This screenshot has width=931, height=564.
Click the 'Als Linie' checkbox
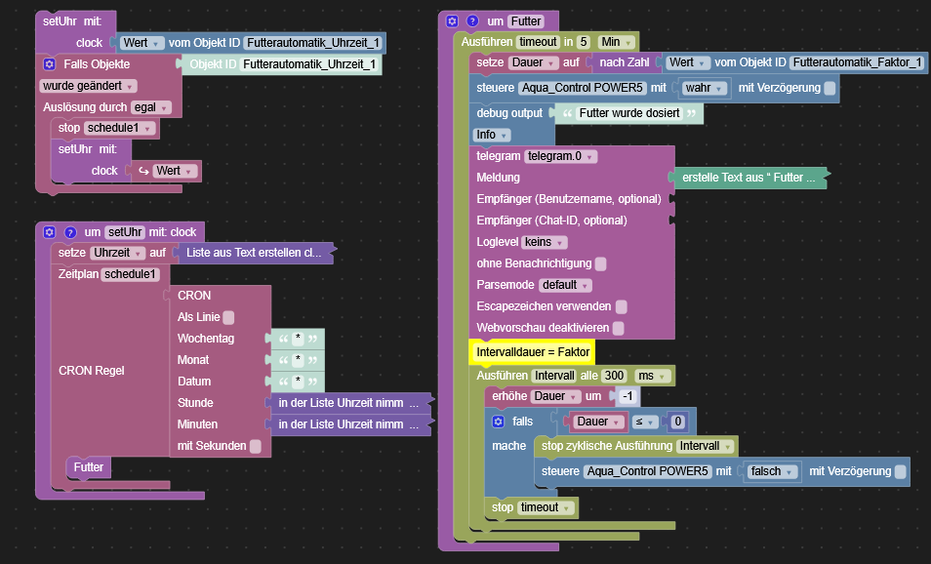pos(228,317)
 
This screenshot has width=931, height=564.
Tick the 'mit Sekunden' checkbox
pos(255,446)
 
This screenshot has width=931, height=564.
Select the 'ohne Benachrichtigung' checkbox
pos(601,263)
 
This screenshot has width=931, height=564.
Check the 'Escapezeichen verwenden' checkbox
pos(621,306)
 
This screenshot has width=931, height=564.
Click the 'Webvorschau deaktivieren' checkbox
pos(619,328)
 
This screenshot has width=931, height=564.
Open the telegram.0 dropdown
pos(561,156)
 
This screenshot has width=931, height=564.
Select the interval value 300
pos(614,376)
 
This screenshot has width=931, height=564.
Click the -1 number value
pos(627,396)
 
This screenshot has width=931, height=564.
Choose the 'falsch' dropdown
pos(772,471)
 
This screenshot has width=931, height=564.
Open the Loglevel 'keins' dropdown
pos(546,242)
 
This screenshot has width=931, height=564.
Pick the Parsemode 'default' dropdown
pos(566,285)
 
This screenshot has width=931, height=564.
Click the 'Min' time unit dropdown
pos(616,42)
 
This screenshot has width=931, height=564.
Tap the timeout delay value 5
pos(584,42)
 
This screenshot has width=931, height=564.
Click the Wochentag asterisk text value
pos(298,338)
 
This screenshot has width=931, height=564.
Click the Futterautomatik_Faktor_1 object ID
pos(857,62)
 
